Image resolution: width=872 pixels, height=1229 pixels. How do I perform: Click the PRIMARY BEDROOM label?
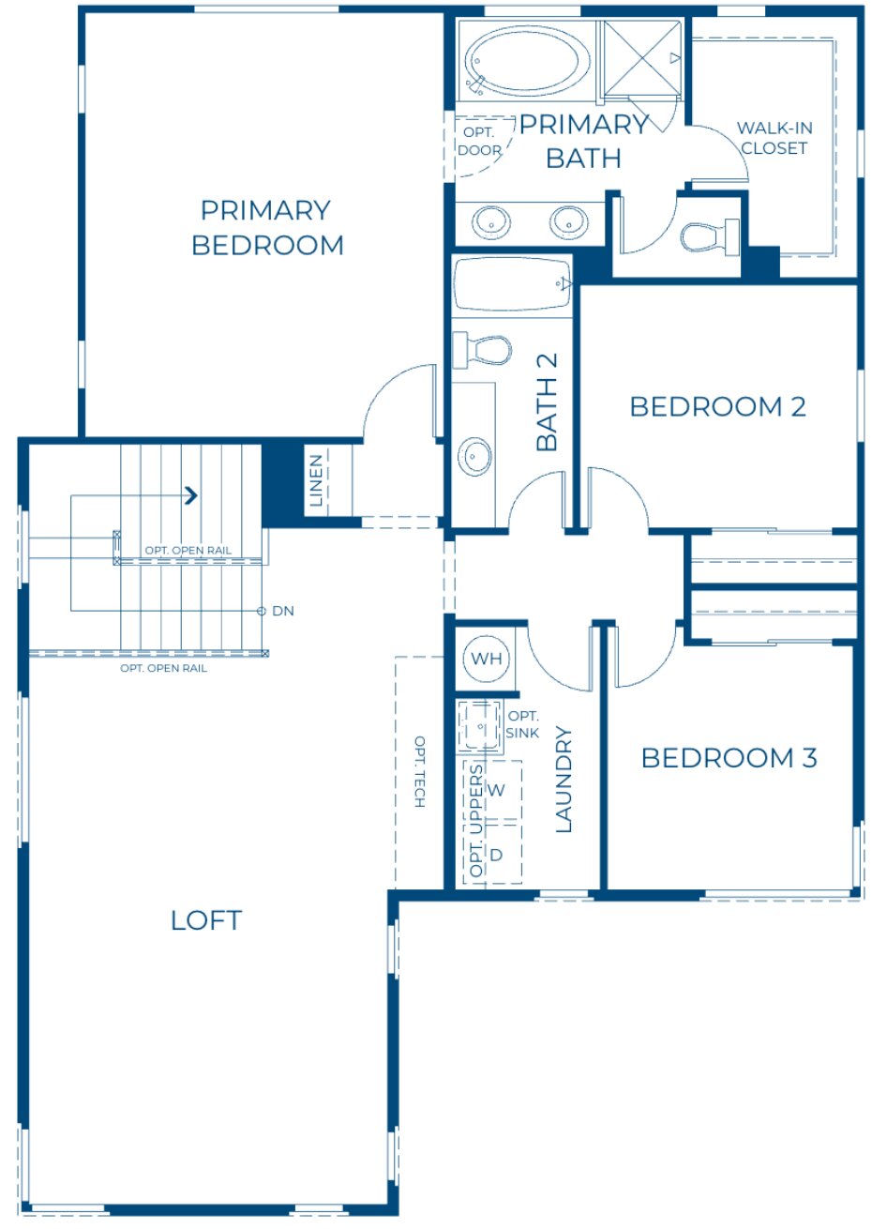267,227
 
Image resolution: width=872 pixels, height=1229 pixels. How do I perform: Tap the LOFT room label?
206,920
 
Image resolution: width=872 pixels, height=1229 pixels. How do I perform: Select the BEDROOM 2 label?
717,406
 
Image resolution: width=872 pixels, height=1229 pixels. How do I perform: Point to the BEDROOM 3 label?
729,757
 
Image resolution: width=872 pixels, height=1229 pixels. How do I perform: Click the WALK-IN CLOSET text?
774,138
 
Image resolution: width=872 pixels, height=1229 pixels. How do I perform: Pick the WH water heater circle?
486,659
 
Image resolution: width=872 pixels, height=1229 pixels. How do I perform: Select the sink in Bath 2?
475,457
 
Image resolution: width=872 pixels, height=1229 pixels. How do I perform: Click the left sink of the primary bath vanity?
492,222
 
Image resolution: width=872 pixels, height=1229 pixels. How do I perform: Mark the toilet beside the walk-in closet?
709,235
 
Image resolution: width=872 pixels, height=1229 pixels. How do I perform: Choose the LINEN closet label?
317,480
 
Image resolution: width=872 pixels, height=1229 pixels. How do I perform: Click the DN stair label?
282,611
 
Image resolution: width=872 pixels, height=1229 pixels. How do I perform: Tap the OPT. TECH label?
419,772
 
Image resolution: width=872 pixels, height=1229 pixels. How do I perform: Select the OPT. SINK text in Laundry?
522,724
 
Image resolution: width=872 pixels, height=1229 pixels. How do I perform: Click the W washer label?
497,790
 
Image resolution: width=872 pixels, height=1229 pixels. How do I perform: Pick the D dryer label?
497,855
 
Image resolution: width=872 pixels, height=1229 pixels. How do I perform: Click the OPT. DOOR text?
479,142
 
